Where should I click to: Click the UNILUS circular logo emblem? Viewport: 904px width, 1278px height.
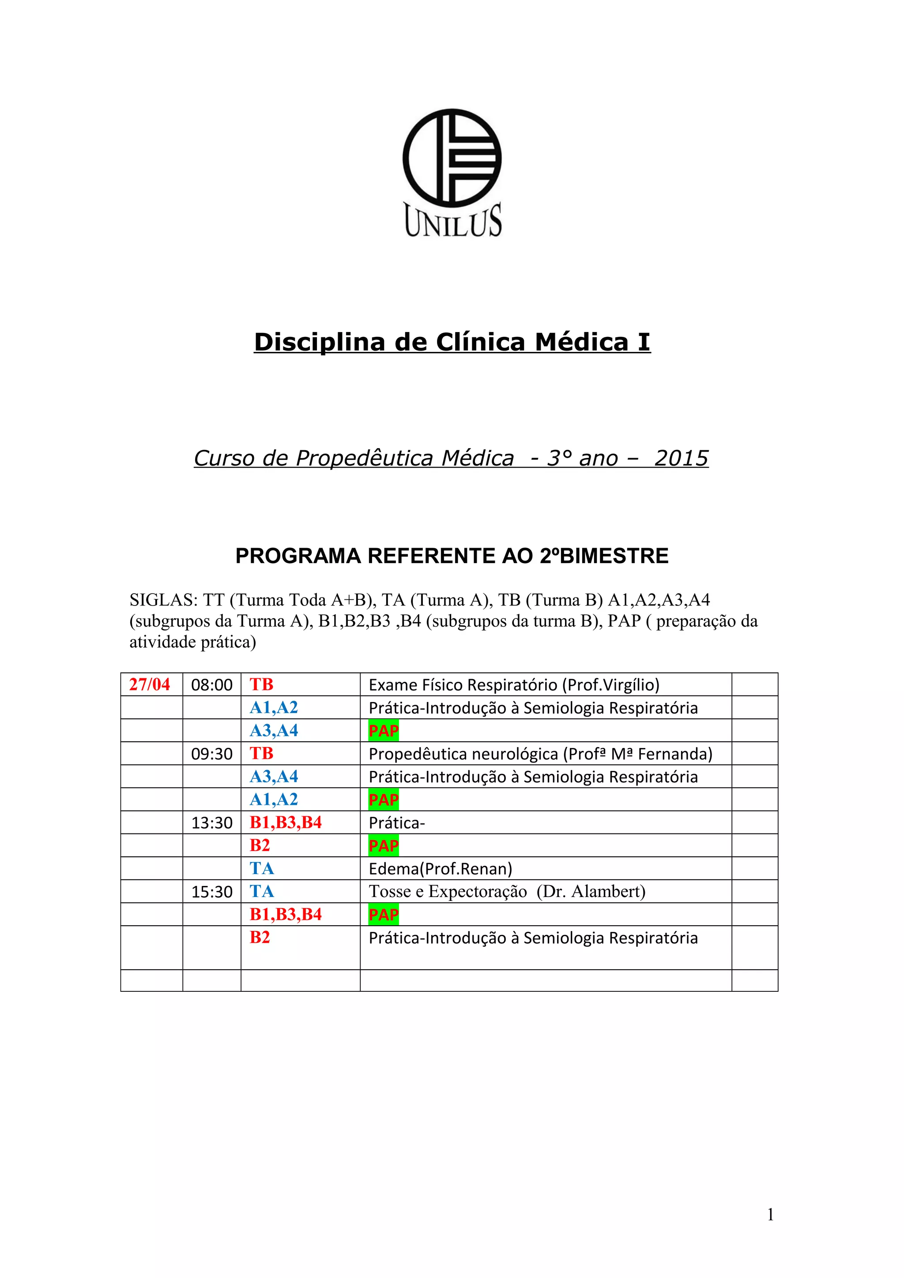point(452,157)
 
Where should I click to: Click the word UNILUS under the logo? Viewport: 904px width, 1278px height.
point(453,221)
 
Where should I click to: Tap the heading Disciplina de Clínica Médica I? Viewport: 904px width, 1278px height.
point(452,342)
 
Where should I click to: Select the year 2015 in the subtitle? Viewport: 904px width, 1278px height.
point(681,458)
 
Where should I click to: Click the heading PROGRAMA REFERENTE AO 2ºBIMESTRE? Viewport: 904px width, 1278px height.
point(452,556)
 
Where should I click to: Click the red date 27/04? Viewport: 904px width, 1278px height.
point(149,684)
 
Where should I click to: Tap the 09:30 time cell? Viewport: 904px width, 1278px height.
point(212,754)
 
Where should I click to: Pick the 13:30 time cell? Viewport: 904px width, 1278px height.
point(212,823)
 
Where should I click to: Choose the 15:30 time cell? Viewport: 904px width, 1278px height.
point(212,892)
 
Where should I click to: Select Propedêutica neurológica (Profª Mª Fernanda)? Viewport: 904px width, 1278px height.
point(540,754)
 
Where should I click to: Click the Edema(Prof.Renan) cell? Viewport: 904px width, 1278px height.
point(440,869)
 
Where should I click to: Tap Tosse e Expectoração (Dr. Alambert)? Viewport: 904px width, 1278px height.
point(507,892)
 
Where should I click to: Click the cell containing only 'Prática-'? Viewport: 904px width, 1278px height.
point(396,823)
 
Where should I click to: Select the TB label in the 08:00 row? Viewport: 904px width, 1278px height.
point(261,684)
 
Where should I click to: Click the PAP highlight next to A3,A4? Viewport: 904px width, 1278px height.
point(383,731)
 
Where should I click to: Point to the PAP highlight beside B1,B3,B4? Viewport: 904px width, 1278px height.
point(383,915)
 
